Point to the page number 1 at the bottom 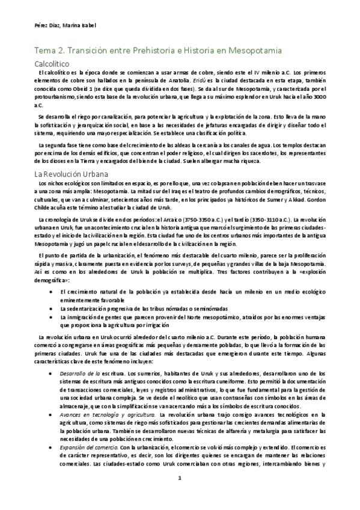[x=180, y=496]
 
